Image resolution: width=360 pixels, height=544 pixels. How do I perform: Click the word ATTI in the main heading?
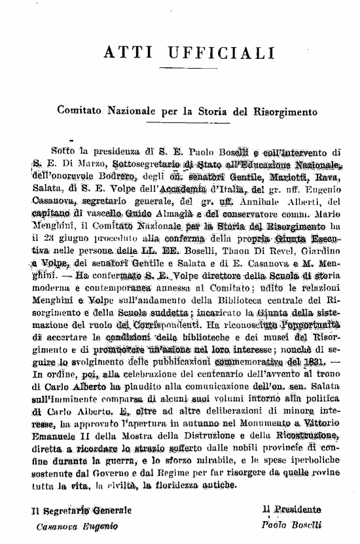pyautogui.click(x=125, y=50)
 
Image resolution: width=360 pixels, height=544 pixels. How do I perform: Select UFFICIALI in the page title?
pyautogui.click(x=209, y=50)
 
